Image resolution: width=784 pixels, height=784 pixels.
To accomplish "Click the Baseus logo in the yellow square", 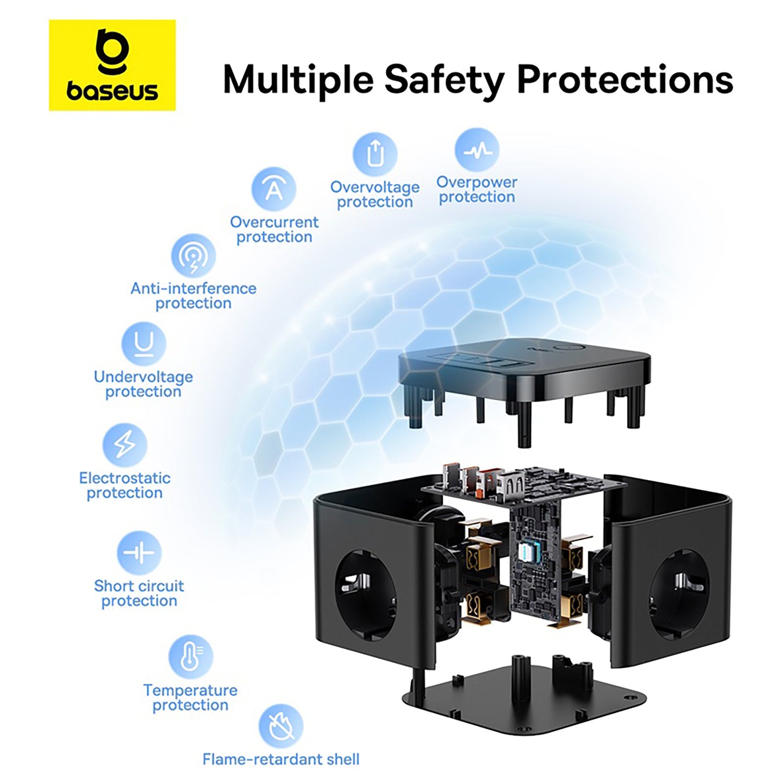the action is tap(112, 65).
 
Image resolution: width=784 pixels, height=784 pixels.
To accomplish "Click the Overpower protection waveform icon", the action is tap(477, 150).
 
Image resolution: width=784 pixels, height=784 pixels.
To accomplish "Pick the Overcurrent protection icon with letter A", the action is tap(274, 189).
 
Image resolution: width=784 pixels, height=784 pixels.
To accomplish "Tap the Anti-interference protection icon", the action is tap(193, 256).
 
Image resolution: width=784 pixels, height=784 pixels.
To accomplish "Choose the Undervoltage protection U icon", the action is tap(144, 344).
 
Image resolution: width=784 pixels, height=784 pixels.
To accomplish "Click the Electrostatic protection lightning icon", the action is tap(124, 445).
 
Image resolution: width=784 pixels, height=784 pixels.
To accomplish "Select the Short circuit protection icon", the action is tap(139, 553).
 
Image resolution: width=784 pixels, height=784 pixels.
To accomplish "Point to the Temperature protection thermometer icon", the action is tap(190, 658).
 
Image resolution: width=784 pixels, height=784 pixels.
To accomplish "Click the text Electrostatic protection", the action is tap(124, 486).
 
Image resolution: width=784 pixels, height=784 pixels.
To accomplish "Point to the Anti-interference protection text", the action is tap(193, 296).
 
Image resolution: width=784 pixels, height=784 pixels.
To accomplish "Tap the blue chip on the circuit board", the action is tap(528, 554).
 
